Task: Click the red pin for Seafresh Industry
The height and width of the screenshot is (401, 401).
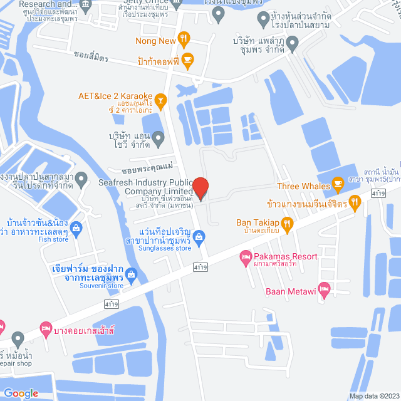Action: pyautogui.click(x=200, y=188)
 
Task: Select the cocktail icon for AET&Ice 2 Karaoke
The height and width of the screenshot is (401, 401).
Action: pyautogui.click(x=160, y=99)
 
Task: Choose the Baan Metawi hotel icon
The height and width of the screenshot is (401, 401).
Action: pyautogui.click(x=323, y=289)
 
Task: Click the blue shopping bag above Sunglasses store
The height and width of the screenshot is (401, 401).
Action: pyautogui.click(x=199, y=237)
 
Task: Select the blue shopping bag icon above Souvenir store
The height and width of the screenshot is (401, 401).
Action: pyautogui.click(x=131, y=274)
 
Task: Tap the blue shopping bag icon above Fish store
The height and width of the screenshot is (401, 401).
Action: pyautogui.click(x=76, y=227)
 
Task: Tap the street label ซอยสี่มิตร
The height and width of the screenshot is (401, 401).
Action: pyautogui.click(x=90, y=58)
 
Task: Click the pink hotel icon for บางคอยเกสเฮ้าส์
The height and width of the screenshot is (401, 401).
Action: pyautogui.click(x=45, y=328)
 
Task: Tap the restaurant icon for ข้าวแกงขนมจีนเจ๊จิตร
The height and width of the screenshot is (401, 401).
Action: pyautogui.click(x=355, y=202)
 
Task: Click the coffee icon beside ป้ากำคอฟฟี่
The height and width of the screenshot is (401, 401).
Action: pyautogui.click(x=187, y=61)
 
